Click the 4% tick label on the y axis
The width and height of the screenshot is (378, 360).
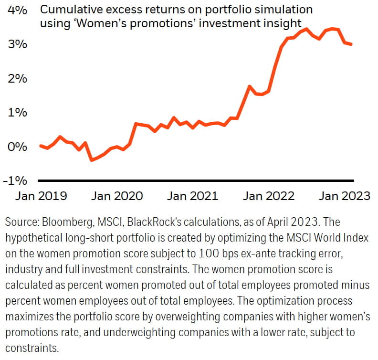tap(18, 10)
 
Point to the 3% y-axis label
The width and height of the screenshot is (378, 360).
tap(18, 44)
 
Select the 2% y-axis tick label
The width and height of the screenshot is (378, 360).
tap(18, 78)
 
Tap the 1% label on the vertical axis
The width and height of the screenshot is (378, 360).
tap(18, 113)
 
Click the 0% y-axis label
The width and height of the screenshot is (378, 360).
tap(18, 147)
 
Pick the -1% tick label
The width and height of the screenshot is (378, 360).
tap(15, 181)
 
